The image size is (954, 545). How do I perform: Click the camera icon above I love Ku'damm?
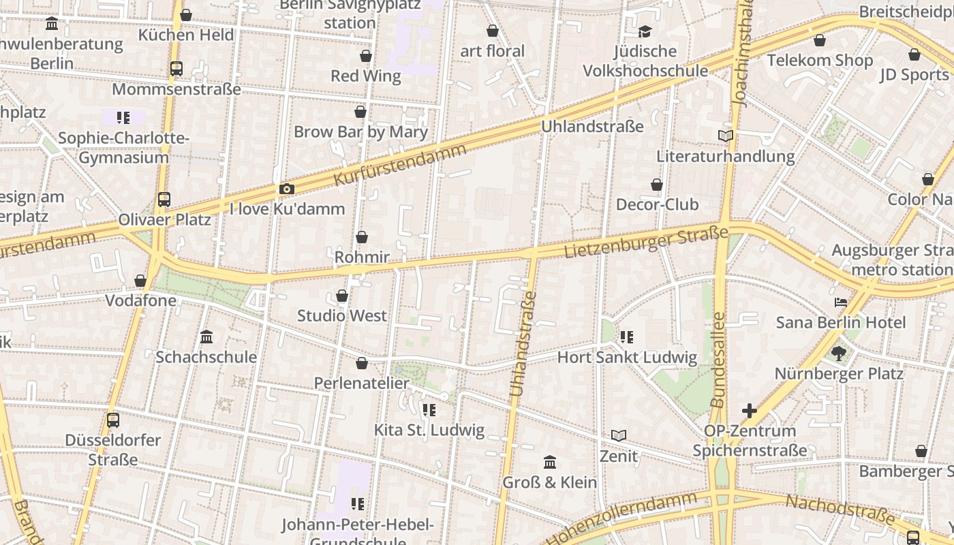[x=287, y=189]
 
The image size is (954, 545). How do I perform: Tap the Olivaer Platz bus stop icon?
[x=164, y=200]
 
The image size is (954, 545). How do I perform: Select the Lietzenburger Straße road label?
[x=646, y=243]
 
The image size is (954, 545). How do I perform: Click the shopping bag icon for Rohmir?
[x=362, y=237]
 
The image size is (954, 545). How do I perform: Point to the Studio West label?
[x=341, y=315]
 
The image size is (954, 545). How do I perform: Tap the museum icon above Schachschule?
[x=206, y=337]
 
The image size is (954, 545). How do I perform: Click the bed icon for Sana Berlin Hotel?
[x=841, y=302]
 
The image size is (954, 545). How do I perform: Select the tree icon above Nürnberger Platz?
[x=838, y=353]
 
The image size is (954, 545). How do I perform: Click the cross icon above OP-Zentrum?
[x=750, y=411]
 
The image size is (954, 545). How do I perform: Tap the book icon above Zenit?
[x=619, y=435]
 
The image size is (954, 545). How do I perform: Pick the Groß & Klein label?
[x=549, y=482]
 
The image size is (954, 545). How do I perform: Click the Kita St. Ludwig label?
[x=429, y=430]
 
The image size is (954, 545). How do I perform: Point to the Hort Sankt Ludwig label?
[x=627, y=357]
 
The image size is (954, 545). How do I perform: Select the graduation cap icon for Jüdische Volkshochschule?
[x=645, y=31]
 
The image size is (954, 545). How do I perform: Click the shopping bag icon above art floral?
[x=493, y=31]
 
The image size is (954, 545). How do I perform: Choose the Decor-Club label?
[x=657, y=204]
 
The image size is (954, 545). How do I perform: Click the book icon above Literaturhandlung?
[x=726, y=136]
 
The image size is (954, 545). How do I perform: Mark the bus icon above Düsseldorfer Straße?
[x=113, y=420]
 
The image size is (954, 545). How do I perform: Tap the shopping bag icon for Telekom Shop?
[x=820, y=40]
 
